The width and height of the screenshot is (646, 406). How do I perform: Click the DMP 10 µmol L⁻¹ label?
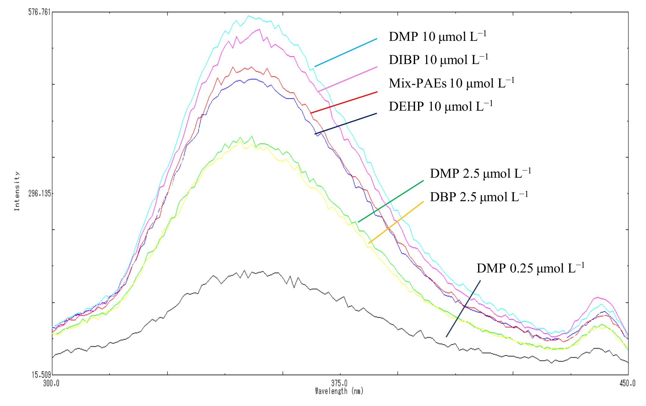tap(437, 37)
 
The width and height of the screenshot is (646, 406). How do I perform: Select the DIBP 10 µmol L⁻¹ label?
tap(438, 59)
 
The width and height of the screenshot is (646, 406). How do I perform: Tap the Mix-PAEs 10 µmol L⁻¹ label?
tap(451, 83)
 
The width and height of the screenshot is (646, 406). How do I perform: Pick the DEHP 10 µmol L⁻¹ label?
tap(440, 106)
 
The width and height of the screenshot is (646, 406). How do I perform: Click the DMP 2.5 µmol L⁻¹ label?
tap(480, 173)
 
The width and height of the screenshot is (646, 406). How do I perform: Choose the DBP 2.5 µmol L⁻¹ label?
tap(479, 197)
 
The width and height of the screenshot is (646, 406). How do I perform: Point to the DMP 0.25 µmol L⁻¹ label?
tap(530, 268)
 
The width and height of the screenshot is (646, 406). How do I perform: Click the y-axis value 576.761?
tap(39, 12)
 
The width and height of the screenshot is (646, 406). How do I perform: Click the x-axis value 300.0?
tap(51, 383)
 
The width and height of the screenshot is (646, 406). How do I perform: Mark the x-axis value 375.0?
tap(339, 383)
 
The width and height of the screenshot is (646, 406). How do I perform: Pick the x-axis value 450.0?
tap(627, 383)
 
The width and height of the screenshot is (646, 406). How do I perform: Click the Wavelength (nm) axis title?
tap(339, 391)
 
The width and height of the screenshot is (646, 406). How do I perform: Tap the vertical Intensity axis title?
tap(17, 191)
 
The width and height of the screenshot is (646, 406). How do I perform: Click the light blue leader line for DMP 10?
tap(346, 52)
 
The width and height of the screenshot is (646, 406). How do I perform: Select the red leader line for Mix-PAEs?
tap(344, 102)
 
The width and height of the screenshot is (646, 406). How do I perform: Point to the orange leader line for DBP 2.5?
tap(396, 222)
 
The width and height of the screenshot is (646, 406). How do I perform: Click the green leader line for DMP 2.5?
tap(391, 201)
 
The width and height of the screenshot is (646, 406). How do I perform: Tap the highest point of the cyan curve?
tap(248, 16)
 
